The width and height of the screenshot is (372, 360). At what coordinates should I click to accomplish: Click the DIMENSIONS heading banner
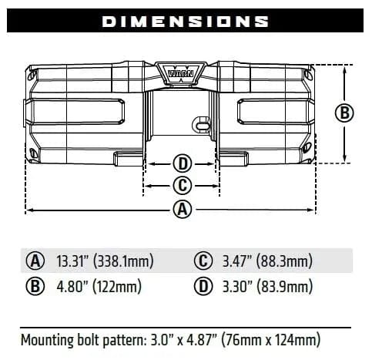186,21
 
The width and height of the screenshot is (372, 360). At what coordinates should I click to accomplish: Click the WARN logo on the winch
182,73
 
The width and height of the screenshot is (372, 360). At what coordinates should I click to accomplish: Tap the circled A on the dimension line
182,209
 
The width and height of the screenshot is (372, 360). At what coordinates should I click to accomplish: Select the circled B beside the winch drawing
345,113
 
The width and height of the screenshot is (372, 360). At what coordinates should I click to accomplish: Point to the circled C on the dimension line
182,185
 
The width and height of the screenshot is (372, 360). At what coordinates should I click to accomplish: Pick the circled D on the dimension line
182,163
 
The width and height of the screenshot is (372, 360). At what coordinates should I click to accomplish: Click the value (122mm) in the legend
118,288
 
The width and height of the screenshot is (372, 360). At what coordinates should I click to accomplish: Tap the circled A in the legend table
35,261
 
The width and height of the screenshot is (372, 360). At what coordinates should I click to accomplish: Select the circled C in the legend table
204,261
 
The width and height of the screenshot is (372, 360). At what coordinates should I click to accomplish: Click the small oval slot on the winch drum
201,124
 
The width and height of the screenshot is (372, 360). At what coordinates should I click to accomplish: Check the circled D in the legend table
204,288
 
